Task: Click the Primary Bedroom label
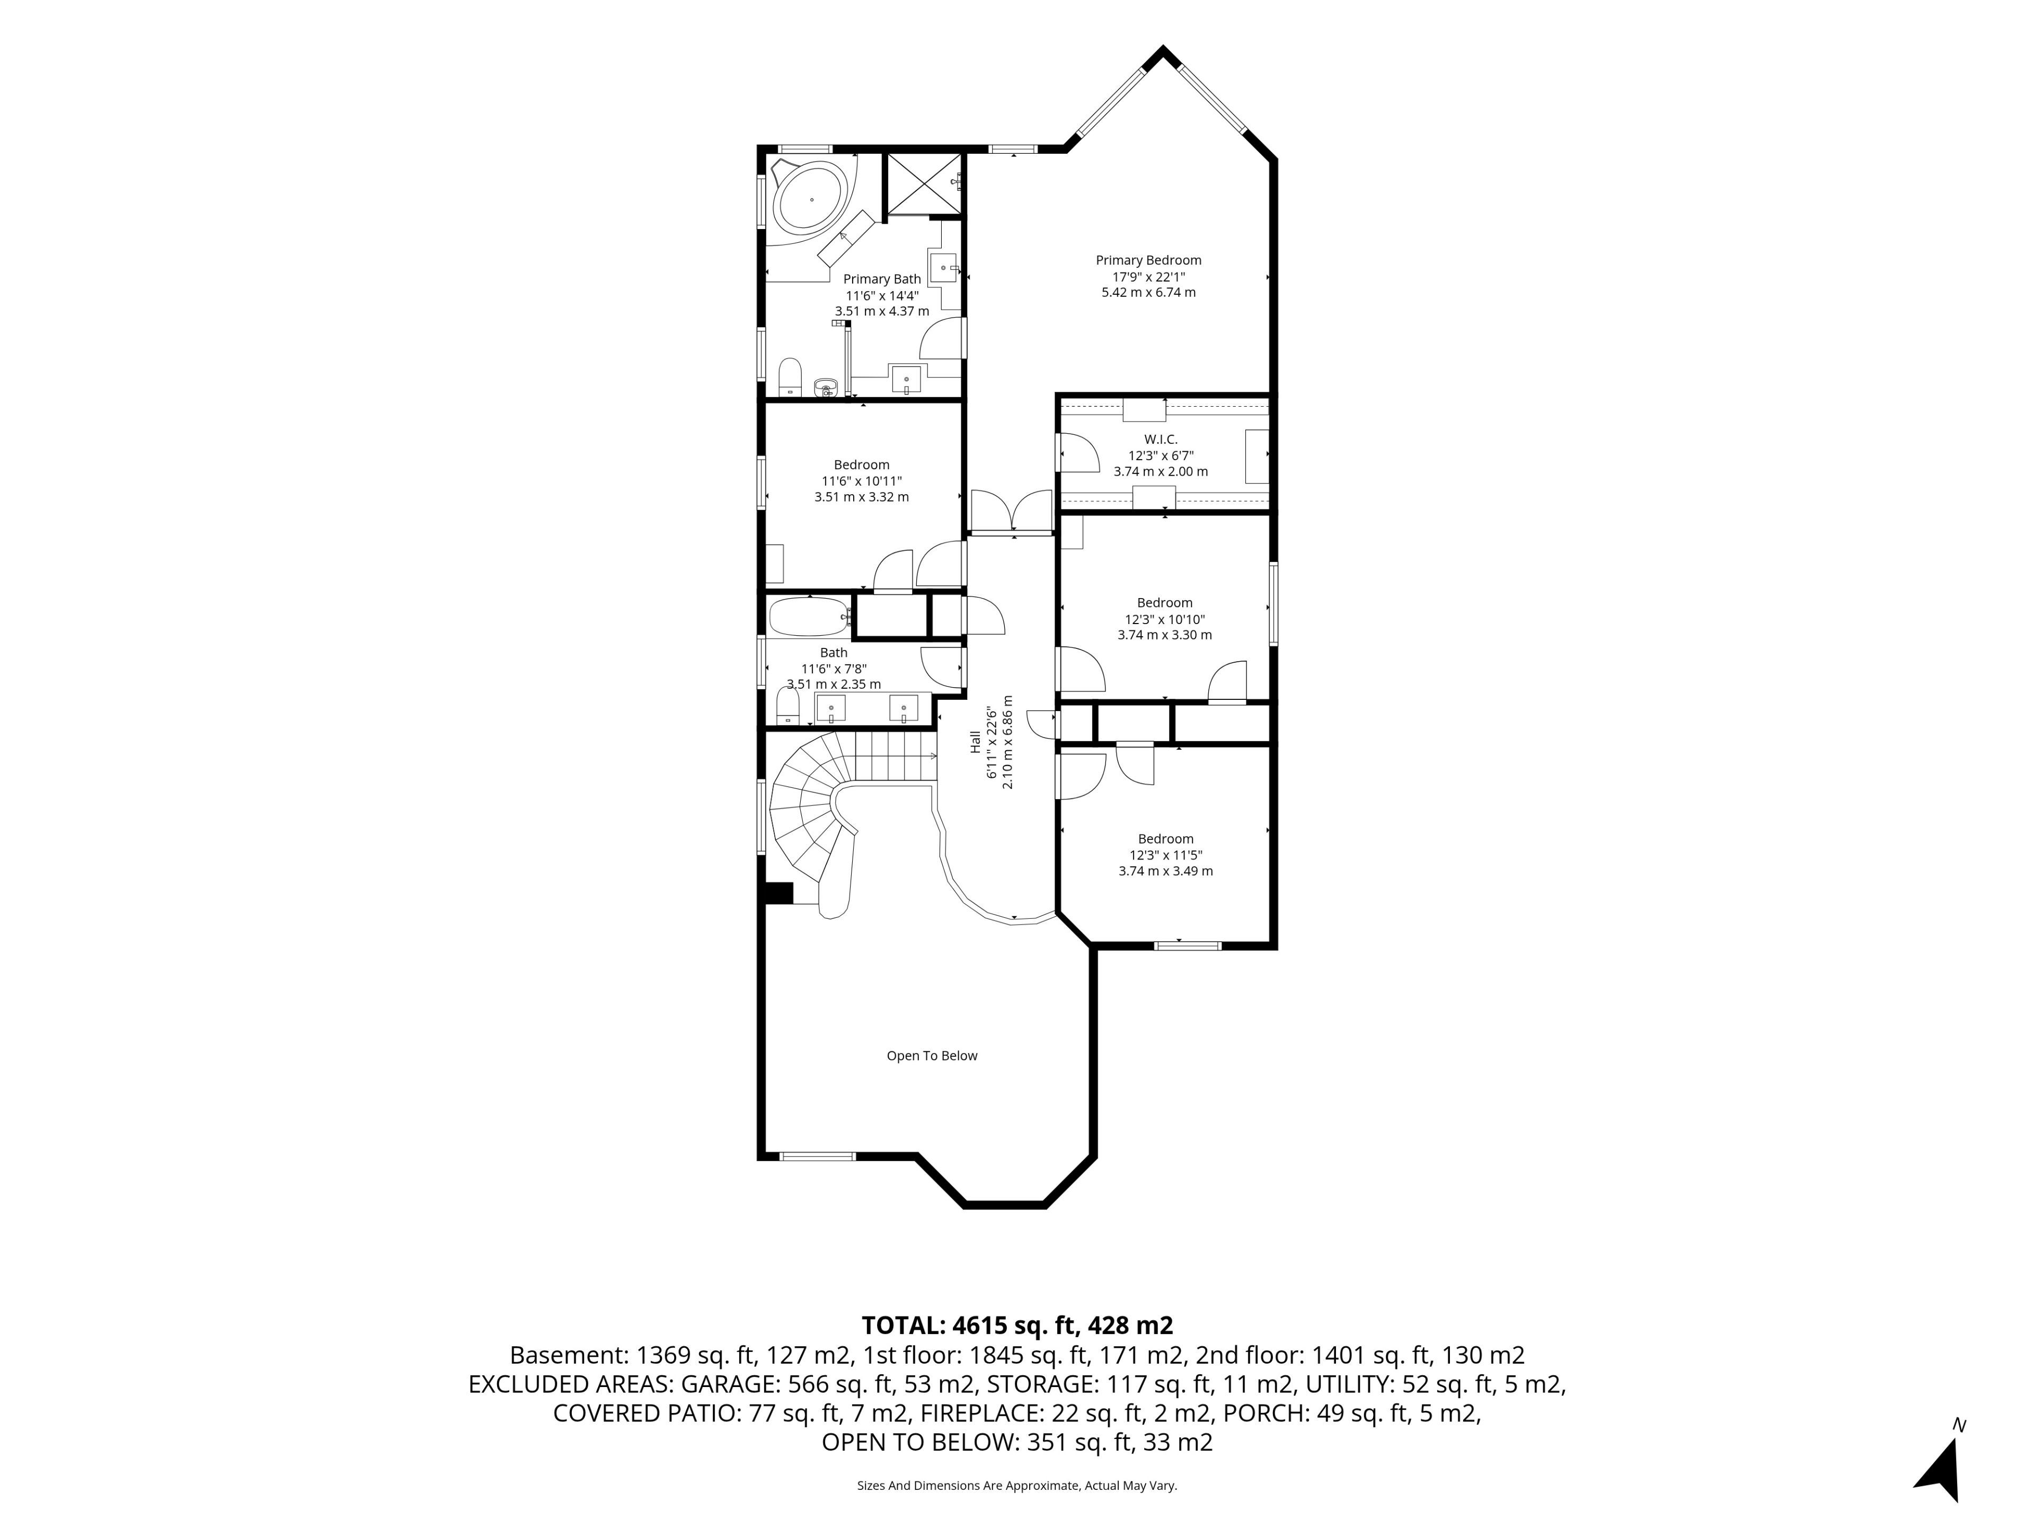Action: click(x=1148, y=260)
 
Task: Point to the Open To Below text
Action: click(x=932, y=1056)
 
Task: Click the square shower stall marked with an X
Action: click(x=923, y=183)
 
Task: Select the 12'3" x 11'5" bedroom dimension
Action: click(x=1165, y=855)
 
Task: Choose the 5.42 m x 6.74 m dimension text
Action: click(x=1148, y=293)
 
